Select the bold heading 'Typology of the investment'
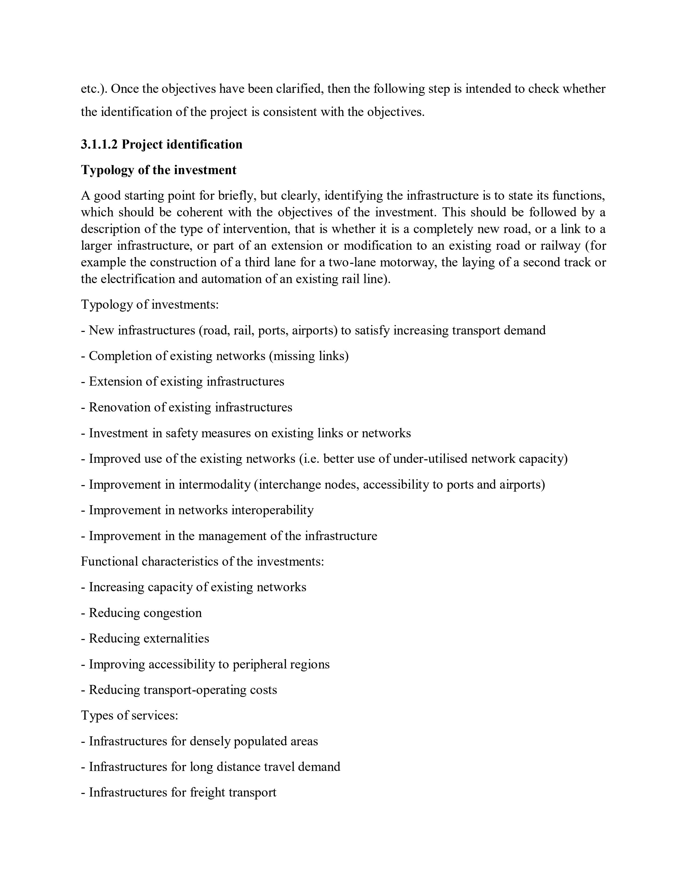(158, 170)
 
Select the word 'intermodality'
(214, 485)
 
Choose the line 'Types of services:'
(129, 715)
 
